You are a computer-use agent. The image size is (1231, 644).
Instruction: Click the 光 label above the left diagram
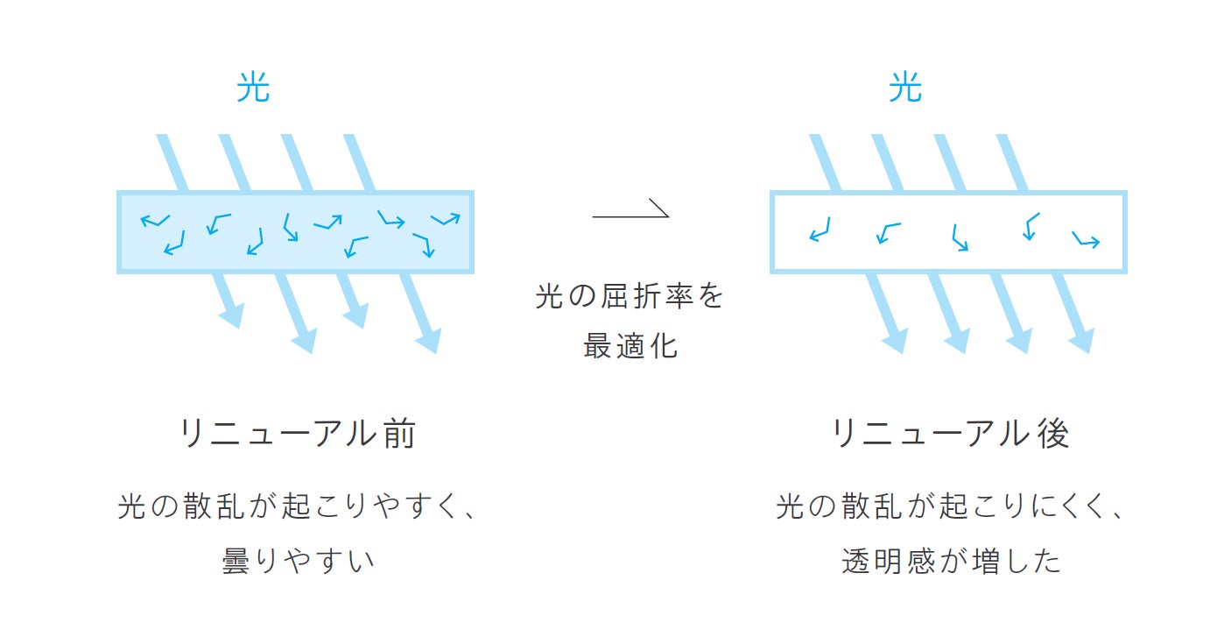pos(253,88)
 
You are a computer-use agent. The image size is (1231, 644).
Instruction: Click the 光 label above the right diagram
pos(905,88)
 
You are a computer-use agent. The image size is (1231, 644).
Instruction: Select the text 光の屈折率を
pos(630,296)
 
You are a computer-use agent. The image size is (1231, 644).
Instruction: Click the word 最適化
pos(630,345)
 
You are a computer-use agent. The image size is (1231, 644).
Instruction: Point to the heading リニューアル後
pos(950,434)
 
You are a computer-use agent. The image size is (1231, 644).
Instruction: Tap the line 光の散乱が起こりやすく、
pos(298,507)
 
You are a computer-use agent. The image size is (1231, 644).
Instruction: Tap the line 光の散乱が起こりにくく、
pos(951,507)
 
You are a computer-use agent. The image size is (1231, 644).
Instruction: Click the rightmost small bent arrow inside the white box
pos(1086,239)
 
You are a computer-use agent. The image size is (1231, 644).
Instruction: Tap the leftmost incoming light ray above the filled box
pos(171,162)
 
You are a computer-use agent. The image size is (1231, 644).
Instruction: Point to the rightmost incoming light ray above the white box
pos(1012,162)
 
